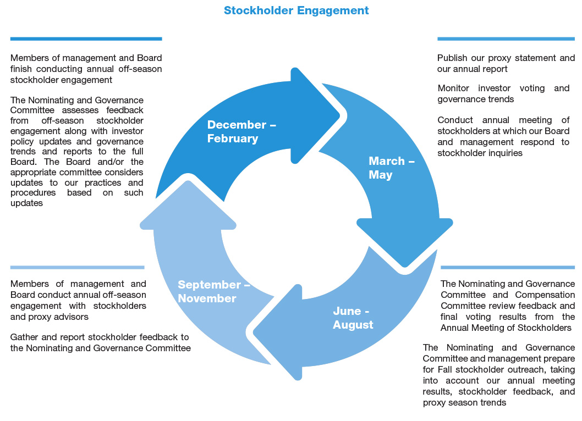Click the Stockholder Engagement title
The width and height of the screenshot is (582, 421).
[x=296, y=10]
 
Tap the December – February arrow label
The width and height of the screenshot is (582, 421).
[x=241, y=131]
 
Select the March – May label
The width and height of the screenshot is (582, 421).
[x=392, y=168]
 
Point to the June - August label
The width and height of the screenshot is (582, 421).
[x=353, y=318]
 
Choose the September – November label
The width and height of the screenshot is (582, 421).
[x=214, y=291]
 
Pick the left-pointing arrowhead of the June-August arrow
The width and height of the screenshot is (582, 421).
[x=255, y=331]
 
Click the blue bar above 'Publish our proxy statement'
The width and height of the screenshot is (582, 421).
[x=506, y=38]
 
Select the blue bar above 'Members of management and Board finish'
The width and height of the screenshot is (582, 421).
[x=86, y=38]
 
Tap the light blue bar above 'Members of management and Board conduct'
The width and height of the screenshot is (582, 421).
[x=77, y=267]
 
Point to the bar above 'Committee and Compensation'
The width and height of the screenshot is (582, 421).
[x=508, y=267]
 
